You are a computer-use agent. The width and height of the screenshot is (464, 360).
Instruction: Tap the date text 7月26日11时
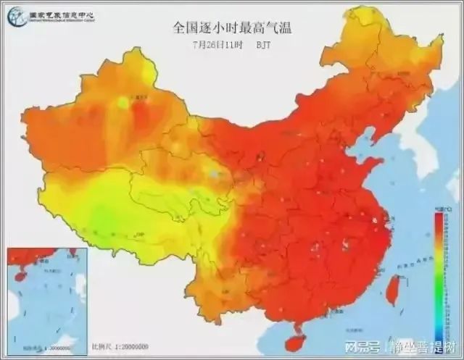click(x=216, y=43)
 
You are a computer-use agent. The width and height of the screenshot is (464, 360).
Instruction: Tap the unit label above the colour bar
click(x=439, y=208)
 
